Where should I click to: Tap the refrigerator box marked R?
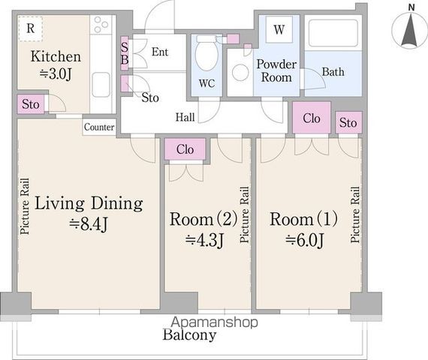coord(31,28)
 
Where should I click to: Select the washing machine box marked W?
coord(279,29)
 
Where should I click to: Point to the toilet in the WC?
coord(207,52)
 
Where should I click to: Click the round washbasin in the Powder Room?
coord(240,72)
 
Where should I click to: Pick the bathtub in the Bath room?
coord(333,33)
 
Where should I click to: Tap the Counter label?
coord(99,127)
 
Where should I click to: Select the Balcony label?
coord(189,334)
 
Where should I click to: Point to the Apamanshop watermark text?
coord(214,322)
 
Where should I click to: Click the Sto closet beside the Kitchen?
coord(31,104)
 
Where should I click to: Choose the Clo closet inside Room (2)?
coord(185,149)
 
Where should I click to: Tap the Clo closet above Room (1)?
coord(312,118)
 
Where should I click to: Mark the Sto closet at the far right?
coord(348,122)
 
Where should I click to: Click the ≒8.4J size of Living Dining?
coord(89,224)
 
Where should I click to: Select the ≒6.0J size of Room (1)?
coord(304,240)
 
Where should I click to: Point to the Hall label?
coord(185,117)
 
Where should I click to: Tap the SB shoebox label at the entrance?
coord(125,53)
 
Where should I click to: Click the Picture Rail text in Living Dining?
coord(25,206)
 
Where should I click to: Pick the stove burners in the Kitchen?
coord(101,24)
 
